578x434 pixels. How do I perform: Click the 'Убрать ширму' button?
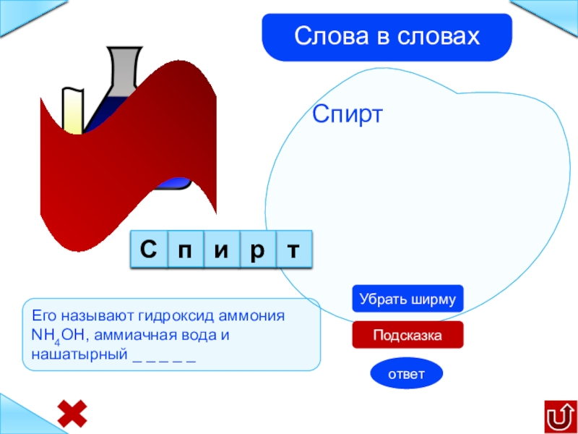click(407, 299)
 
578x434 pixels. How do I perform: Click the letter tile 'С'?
click(148, 250)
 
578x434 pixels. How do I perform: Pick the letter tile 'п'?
click(185, 250)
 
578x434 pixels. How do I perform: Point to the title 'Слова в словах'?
click(387, 36)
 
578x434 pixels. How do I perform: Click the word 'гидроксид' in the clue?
click(154, 318)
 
